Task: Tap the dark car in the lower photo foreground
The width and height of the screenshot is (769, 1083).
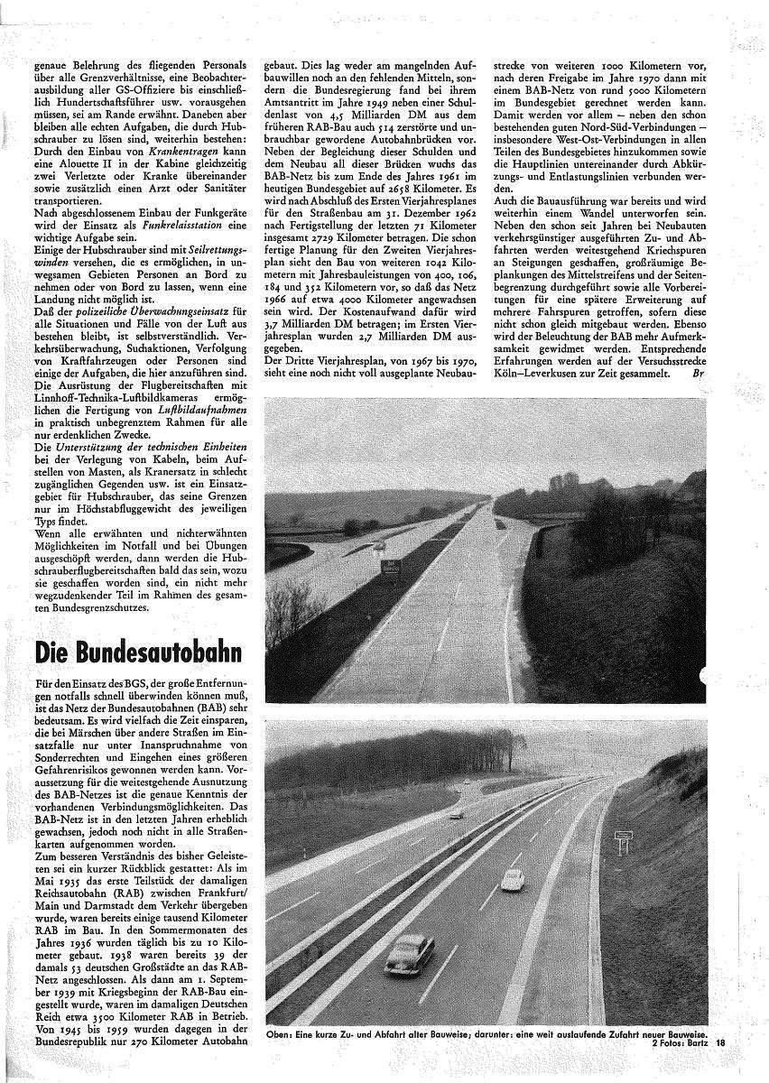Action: click(409, 953)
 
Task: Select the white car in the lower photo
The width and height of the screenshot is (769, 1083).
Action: click(512, 878)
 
